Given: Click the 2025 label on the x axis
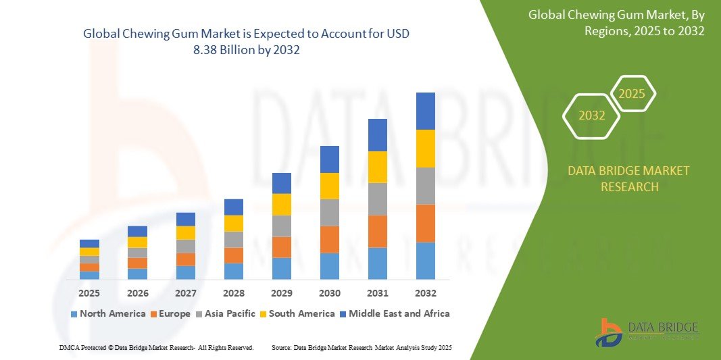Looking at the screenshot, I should pos(89,293).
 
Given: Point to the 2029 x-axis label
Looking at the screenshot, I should pos(282,293).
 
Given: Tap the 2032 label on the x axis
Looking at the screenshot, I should pos(426,293).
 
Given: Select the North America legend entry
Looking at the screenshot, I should pos(107,313).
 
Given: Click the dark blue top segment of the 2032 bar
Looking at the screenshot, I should pos(426,111).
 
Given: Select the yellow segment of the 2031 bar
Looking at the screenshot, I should pos(378,167).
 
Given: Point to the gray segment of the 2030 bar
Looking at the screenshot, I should pos(330,212).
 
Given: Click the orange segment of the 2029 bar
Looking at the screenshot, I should pos(282,247).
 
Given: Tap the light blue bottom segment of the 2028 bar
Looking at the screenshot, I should pos(234,271).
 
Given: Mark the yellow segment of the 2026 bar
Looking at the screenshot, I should pos(137,242).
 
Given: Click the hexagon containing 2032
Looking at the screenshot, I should pos(592,115).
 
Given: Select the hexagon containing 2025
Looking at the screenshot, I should pos(632,94).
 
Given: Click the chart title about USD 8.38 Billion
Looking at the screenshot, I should pos(246,41).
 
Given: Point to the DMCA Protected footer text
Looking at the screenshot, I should pos(156,347).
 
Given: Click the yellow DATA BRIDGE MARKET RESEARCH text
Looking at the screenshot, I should pos(629,178).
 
